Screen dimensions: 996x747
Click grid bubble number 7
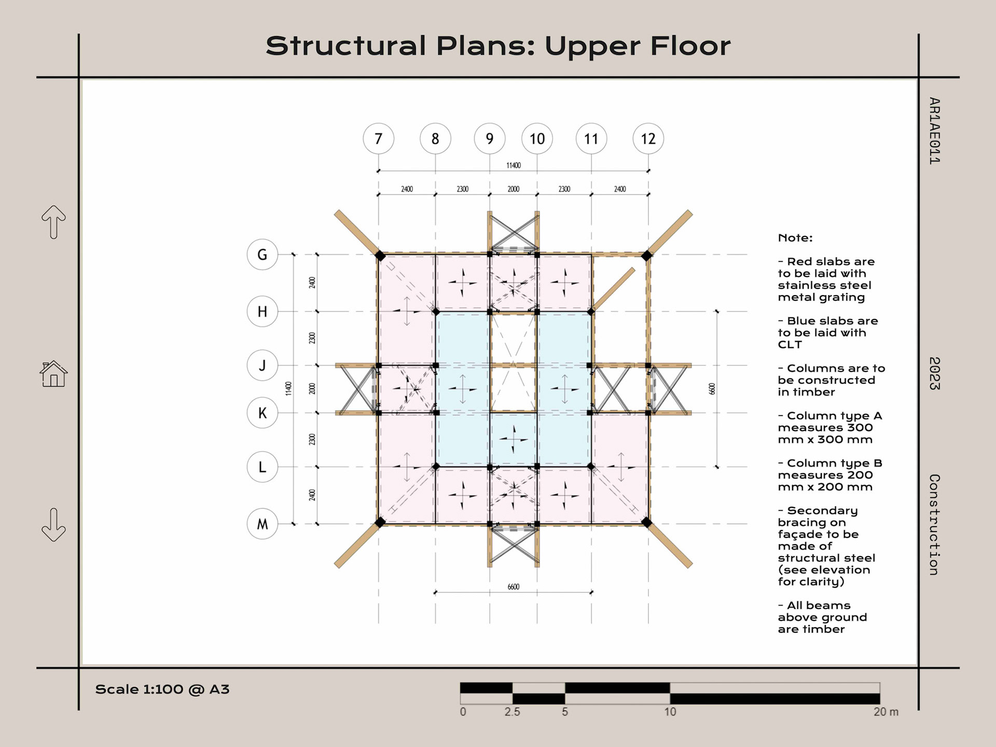[378, 139]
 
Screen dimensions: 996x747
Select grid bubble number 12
[648, 139]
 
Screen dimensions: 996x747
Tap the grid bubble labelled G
[262, 255]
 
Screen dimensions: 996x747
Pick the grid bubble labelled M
[262, 524]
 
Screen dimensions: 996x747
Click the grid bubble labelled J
[262, 365]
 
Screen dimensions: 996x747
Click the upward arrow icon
[53, 222]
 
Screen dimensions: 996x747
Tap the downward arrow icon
[53, 525]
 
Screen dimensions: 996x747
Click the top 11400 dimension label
[513, 165]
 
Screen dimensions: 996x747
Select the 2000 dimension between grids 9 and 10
[513, 189]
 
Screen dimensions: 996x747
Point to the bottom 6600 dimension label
[513, 587]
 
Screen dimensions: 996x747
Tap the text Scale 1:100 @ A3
[162, 689]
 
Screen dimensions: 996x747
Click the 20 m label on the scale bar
[886, 712]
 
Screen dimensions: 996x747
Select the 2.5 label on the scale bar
[512, 712]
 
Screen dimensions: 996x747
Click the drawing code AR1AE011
[934, 131]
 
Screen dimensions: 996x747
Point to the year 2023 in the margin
[934, 374]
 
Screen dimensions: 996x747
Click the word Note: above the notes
[795, 238]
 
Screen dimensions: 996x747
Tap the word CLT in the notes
[790, 345]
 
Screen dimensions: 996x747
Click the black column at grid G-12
[646, 256]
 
